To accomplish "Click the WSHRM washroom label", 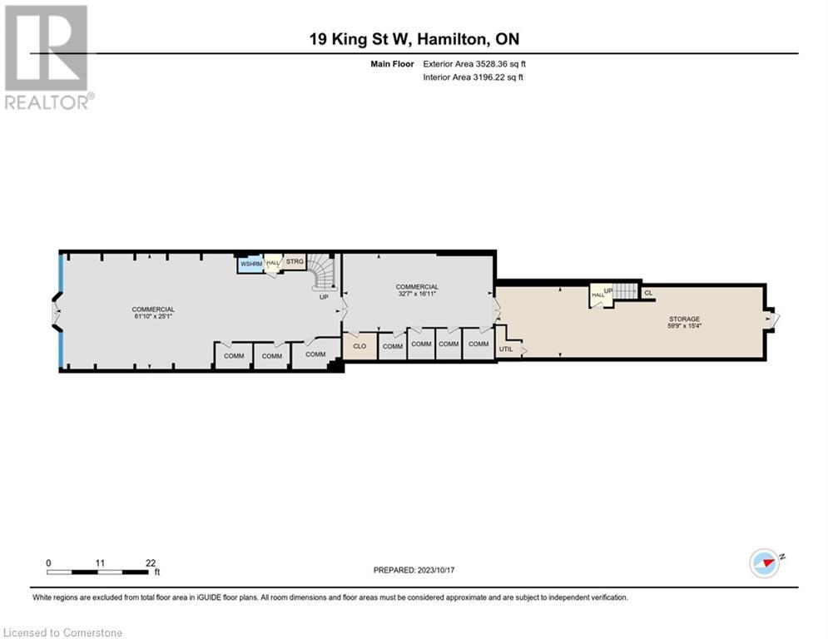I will point(250,265).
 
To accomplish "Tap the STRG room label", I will point(295,261).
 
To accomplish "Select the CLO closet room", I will point(359,346).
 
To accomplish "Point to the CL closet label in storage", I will point(648,292).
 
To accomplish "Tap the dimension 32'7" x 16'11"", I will point(417,294).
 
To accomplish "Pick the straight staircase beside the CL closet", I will point(625,291).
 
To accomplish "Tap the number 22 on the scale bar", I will point(151,562).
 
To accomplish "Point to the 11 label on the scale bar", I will point(99,562).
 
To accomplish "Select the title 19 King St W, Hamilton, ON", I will point(414,39).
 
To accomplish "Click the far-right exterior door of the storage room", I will point(773,319).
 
